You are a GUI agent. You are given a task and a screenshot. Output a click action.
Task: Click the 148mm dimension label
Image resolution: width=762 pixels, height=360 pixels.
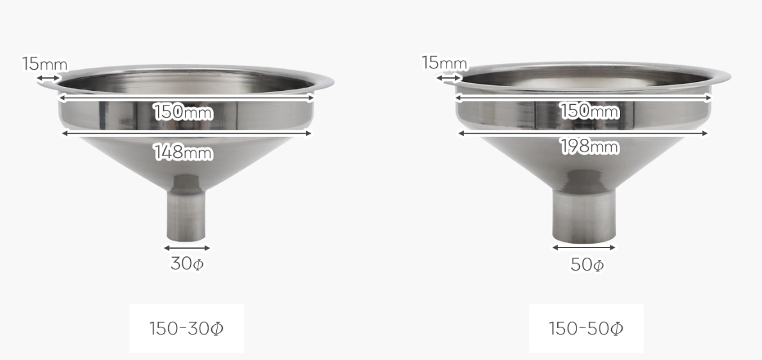click(183, 153)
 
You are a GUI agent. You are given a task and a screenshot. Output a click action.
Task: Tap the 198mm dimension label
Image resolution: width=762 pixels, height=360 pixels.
click(589, 147)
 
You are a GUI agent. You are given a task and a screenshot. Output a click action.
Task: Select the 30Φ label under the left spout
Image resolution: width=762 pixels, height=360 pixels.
click(187, 264)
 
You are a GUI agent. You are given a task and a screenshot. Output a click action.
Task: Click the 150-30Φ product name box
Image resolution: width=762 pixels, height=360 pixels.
click(187, 329)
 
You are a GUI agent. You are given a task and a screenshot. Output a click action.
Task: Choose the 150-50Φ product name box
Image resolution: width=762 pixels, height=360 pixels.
click(586, 329)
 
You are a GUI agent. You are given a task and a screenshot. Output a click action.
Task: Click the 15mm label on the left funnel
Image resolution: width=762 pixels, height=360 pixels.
click(45, 64)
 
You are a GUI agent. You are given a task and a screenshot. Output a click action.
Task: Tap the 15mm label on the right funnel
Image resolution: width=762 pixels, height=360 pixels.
click(444, 63)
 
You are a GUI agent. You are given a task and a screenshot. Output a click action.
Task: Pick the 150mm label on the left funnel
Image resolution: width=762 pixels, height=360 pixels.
click(183, 113)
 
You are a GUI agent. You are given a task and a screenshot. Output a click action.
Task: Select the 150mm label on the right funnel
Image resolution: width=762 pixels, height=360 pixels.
click(589, 111)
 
